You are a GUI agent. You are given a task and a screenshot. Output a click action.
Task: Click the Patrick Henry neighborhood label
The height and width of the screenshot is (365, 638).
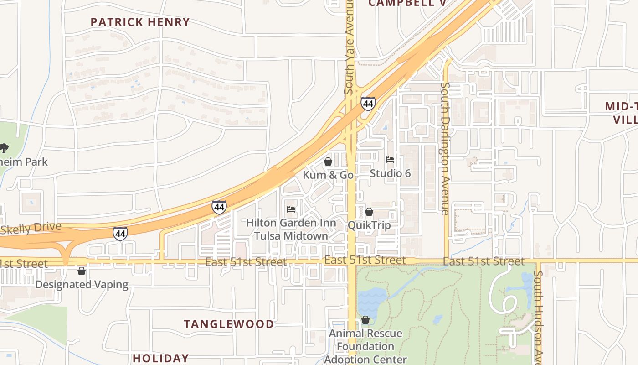pyautogui.click(x=140, y=22)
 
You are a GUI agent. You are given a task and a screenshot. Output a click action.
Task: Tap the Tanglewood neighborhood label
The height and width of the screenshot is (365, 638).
pyautogui.click(x=229, y=324)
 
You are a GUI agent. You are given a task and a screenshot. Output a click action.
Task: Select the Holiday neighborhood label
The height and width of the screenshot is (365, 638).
pyautogui.click(x=160, y=358)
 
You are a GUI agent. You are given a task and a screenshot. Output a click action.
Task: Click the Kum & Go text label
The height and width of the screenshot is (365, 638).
pyautogui.click(x=328, y=175)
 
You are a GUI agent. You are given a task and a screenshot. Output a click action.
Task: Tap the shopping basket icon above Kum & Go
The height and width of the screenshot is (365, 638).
pyautogui.click(x=328, y=162)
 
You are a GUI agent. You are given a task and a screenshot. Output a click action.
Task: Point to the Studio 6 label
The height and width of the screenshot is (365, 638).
pyautogui.click(x=390, y=173)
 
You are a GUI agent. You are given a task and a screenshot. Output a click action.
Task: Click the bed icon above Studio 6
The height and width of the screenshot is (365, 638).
pyautogui.click(x=390, y=160)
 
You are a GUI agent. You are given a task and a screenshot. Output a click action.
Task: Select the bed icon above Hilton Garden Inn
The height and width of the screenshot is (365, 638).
pyautogui.click(x=291, y=209)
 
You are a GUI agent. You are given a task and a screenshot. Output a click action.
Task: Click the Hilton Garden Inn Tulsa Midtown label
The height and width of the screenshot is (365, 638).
pyautogui.click(x=291, y=229)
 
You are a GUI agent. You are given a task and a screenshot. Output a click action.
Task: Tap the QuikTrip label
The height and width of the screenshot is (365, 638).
pyautogui.click(x=369, y=225)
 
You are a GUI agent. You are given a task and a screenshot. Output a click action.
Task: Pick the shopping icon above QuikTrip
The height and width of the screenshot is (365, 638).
pyautogui.click(x=369, y=212)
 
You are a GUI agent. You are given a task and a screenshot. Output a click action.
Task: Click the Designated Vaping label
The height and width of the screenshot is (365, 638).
pyautogui.click(x=82, y=285)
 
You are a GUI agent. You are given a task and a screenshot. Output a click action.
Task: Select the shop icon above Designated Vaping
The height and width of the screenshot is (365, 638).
pyautogui.click(x=82, y=271)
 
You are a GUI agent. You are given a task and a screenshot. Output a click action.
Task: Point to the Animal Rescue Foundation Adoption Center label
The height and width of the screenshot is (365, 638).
pyautogui.click(x=365, y=346)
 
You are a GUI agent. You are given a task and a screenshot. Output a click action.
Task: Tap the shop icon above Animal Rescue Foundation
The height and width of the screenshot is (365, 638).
pyautogui.click(x=365, y=320)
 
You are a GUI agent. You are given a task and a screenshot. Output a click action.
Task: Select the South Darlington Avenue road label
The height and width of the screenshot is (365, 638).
pyautogui.click(x=445, y=148)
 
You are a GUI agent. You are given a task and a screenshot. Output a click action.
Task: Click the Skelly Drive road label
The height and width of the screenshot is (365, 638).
pyautogui.click(x=31, y=228)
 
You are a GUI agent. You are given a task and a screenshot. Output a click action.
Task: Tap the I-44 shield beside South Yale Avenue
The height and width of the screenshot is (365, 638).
pyautogui.click(x=368, y=104)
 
